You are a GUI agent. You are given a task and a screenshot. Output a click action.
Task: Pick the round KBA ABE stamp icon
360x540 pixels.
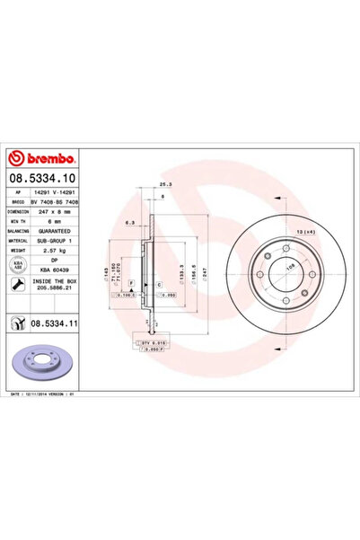(x=19, y=265)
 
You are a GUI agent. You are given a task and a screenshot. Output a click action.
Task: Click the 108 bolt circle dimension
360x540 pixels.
(x=290, y=266)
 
